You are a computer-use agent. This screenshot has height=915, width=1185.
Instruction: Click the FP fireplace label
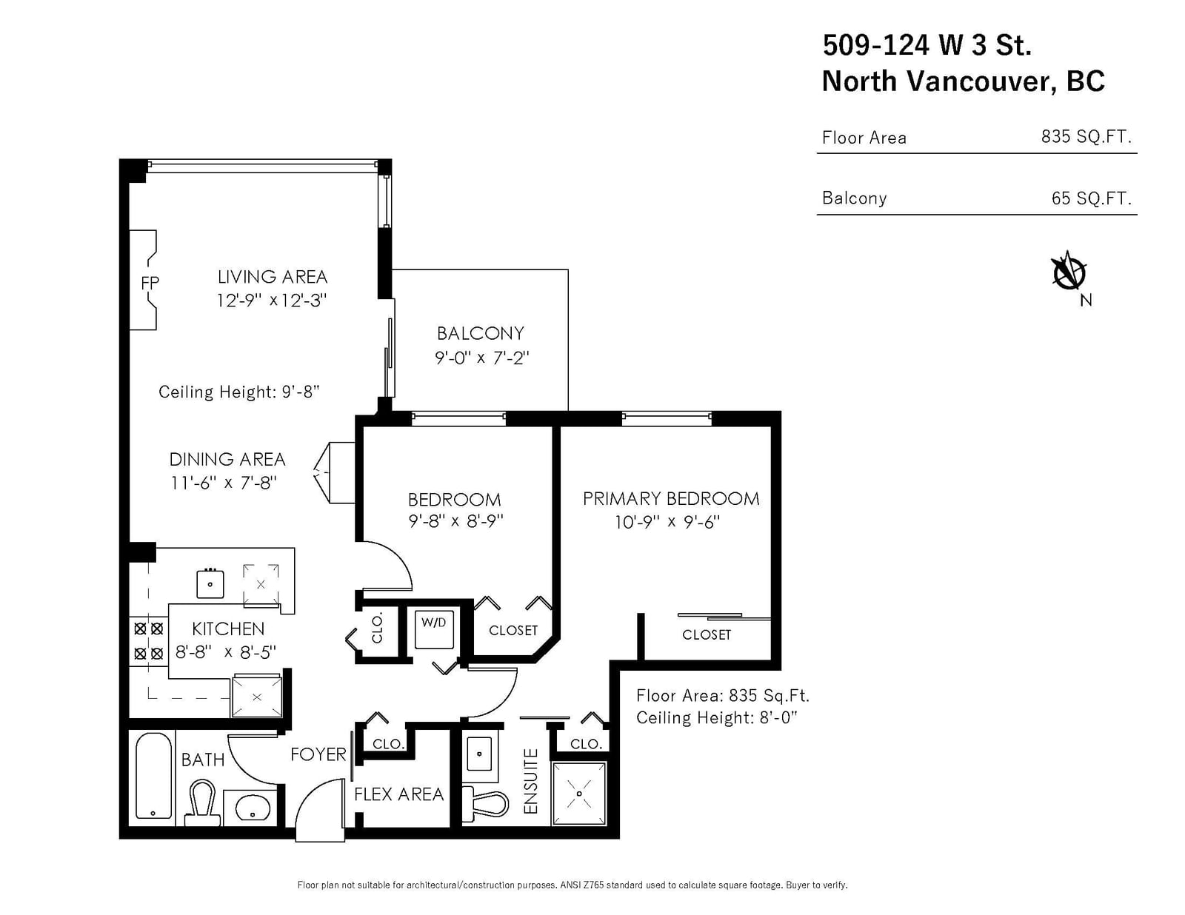150,283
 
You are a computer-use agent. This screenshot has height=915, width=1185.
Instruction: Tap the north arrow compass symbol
1068,272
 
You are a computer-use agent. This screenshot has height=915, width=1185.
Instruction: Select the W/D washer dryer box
433,630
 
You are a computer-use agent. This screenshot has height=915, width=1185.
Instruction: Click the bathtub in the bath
154,776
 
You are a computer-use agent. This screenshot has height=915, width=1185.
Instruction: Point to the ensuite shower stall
578,794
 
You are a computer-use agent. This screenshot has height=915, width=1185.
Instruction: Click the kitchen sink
210,583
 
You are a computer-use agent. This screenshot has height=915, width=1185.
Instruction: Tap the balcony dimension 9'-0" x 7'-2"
481,358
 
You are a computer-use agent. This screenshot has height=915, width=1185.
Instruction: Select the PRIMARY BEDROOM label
671,499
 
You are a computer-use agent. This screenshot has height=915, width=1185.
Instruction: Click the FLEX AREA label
398,794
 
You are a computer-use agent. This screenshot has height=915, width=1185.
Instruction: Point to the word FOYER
318,754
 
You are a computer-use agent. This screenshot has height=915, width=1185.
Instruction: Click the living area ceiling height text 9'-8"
301,392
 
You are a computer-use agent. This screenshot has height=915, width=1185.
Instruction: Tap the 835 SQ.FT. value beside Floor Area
1086,136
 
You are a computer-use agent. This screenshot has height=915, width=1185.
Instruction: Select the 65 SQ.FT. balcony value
1091,198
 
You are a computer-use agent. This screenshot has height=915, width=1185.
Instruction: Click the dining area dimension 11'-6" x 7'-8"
224,483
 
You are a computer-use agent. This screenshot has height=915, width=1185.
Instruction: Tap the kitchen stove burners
148,641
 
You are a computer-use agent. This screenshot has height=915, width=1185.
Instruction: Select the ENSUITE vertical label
530,782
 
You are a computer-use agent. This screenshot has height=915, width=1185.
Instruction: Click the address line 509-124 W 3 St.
927,44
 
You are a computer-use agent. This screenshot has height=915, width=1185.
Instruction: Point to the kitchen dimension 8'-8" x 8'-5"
226,651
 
